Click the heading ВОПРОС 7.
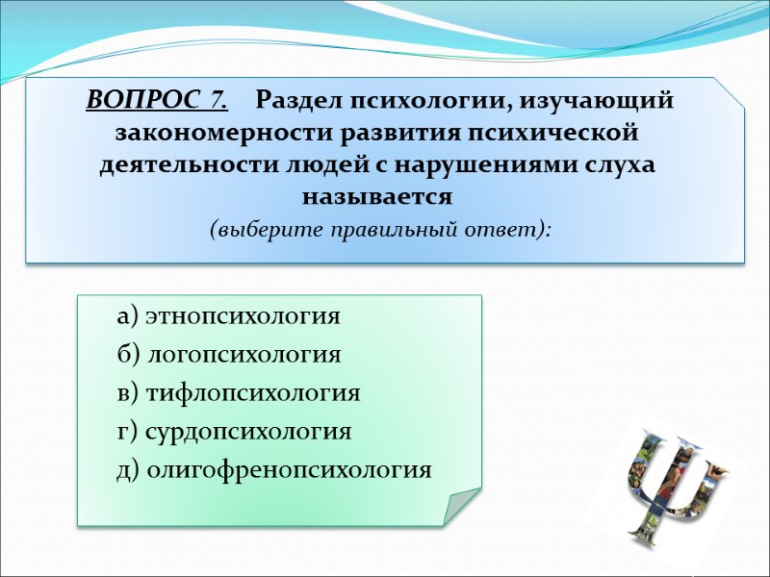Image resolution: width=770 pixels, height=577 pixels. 156,99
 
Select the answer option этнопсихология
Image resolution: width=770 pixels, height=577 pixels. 243,315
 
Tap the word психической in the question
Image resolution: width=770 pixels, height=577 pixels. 559,131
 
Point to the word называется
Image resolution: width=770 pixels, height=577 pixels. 385,196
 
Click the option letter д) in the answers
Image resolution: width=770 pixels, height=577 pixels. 129,469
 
